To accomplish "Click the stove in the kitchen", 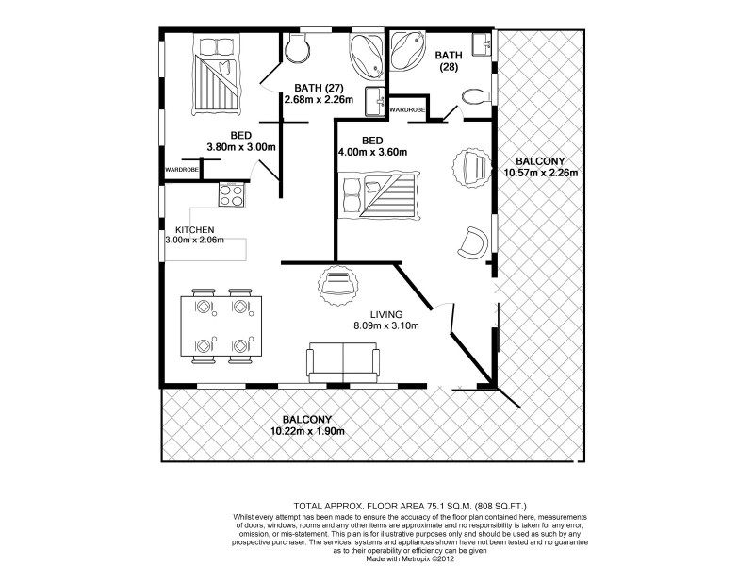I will pos(232,196).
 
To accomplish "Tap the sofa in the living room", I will pos(343,363).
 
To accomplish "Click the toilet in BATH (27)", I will pos(295,48).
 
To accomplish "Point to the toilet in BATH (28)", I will pos(471,96).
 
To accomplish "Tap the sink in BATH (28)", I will pos(483,42).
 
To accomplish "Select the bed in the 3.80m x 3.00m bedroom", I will pos(216,72).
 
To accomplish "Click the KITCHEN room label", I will pos(195,230).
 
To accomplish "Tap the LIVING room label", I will pos(386,314).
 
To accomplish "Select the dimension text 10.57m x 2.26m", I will pos(540,173).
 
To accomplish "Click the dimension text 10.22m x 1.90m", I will pos(309,431).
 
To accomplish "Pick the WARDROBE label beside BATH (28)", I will pos(407,110).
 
